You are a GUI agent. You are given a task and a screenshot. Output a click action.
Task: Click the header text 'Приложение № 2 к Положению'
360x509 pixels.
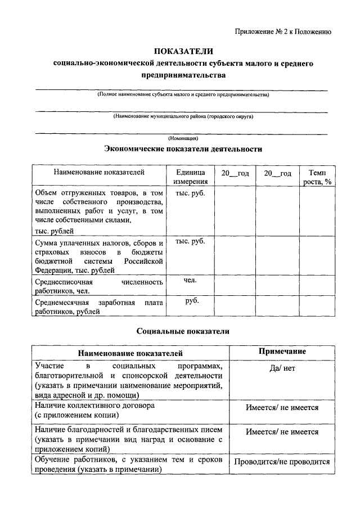pos(283,31)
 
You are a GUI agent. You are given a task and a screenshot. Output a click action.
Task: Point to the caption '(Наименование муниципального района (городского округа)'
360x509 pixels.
pos(183,116)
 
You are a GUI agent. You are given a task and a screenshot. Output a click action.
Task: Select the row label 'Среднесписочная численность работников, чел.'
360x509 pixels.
pos(98,286)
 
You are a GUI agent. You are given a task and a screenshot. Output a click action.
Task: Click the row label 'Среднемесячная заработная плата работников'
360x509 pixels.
pos(98,307)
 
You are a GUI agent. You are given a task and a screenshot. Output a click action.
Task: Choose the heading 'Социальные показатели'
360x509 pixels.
pos(183,331)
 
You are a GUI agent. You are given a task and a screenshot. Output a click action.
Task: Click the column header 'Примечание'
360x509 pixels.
pos(282,352)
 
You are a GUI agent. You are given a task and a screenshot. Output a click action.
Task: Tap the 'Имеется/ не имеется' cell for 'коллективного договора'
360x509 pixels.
pos(282,408)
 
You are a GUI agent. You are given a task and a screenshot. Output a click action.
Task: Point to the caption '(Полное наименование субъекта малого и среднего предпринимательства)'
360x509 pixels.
pos(183,95)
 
